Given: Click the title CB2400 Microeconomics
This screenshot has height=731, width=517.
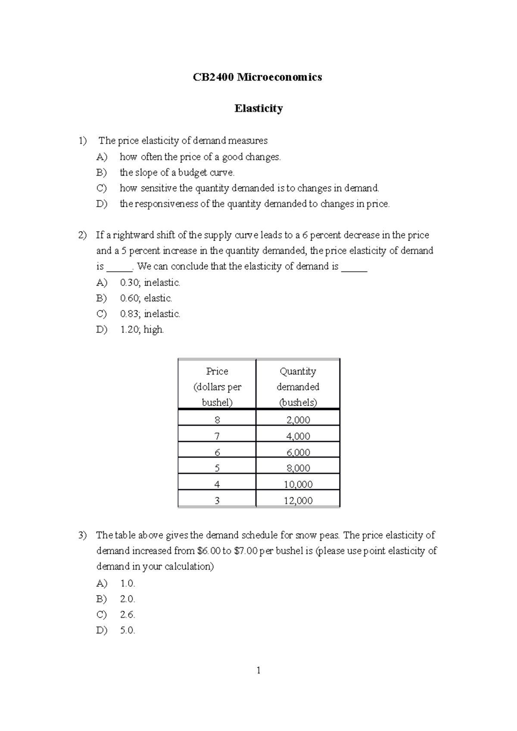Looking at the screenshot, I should pos(257,77).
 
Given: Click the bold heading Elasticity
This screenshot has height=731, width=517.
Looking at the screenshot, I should pos(258,108).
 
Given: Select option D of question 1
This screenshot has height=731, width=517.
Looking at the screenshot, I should pos(254,204).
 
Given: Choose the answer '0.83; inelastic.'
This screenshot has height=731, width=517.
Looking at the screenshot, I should pos(149,314).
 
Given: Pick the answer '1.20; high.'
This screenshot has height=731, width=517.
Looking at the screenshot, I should pos(142,330).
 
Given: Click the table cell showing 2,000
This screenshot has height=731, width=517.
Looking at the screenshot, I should pos(298,420).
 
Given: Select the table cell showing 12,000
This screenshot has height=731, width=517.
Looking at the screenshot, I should pos(298,500).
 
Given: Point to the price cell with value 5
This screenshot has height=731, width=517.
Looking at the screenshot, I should pos(217,468).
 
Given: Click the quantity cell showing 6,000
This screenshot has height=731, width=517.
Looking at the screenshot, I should pos(298,452).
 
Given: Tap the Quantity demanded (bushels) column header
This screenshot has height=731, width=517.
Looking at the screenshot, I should pos(298,387).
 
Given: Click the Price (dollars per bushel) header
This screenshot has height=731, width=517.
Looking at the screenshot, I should pos(217,387).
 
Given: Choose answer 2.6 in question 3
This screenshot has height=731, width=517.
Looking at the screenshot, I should pos(128,615).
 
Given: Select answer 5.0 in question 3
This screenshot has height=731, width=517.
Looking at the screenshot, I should pos(128,631).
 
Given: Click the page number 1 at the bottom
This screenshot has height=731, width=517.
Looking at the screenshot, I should pos(258,670).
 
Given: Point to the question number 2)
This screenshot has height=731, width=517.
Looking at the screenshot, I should pos(82,235).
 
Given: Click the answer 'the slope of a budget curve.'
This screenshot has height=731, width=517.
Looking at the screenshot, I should pos(177,173).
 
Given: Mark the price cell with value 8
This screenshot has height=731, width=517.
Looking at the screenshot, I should pos(217,420).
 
